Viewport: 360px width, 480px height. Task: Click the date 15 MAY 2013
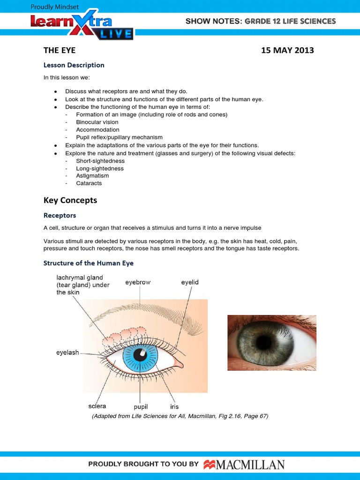click(x=287, y=50)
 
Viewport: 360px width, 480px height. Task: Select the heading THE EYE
click(x=60, y=50)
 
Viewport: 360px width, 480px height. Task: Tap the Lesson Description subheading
click(x=74, y=65)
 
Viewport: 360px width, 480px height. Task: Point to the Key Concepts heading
click(x=70, y=200)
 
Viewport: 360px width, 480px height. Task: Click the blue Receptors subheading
click(x=60, y=216)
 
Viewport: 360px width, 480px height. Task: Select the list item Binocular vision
click(x=97, y=122)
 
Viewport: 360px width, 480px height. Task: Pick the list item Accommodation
click(x=97, y=130)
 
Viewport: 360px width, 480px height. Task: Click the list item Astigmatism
click(x=92, y=176)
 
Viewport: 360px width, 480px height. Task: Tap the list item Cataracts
click(x=89, y=183)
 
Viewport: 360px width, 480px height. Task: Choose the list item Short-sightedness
click(x=100, y=161)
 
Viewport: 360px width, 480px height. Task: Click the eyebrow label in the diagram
click(x=138, y=283)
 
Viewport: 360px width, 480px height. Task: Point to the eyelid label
click(x=190, y=282)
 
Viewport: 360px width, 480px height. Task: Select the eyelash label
click(x=67, y=352)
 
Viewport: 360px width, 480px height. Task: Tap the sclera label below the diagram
click(x=97, y=406)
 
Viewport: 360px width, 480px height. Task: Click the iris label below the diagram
click(x=174, y=406)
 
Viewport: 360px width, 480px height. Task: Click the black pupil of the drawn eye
click(x=140, y=355)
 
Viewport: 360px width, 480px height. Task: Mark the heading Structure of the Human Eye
click(x=89, y=263)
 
